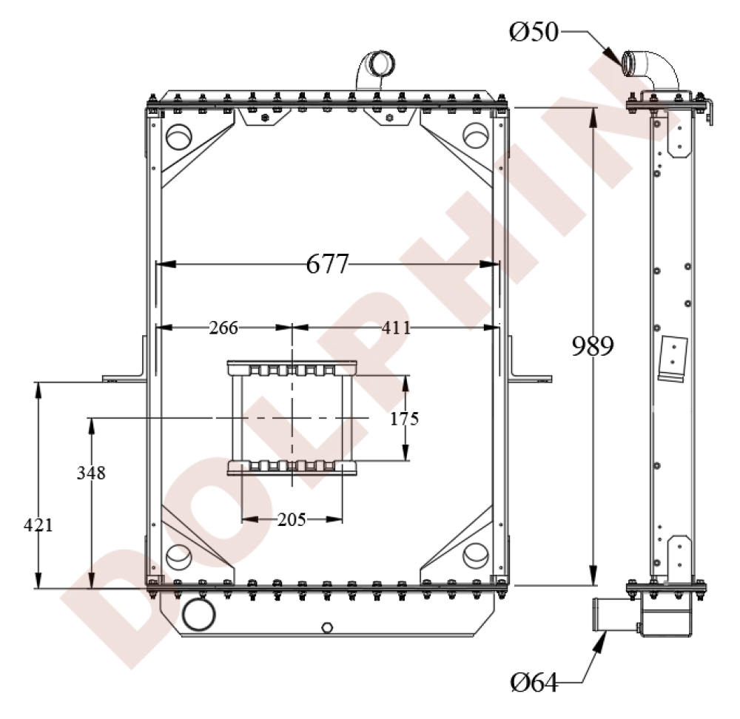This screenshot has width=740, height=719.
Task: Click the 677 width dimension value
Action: coord(326,263)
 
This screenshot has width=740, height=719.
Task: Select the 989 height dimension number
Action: coord(592,346)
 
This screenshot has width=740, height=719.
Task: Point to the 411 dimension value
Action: coord(397,328)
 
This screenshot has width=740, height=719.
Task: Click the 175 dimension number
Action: coord(405,419)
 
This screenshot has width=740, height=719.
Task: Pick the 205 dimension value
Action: coord(292,519)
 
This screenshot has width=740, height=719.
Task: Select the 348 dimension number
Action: coord(91,473)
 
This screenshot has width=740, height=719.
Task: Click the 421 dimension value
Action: coord(38,525)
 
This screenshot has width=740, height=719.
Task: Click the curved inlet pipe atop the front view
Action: coord(376,69)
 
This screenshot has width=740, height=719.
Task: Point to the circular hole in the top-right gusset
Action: coord(474,136)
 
